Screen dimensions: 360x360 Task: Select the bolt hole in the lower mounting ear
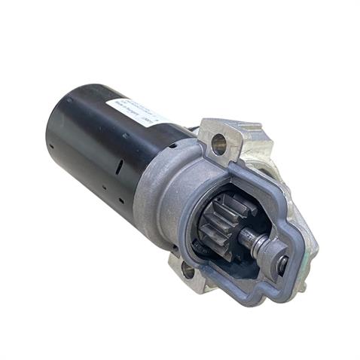coord(187,268)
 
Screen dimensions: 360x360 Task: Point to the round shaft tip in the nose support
coord(282,263)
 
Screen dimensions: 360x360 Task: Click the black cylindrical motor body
coord(90,151)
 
